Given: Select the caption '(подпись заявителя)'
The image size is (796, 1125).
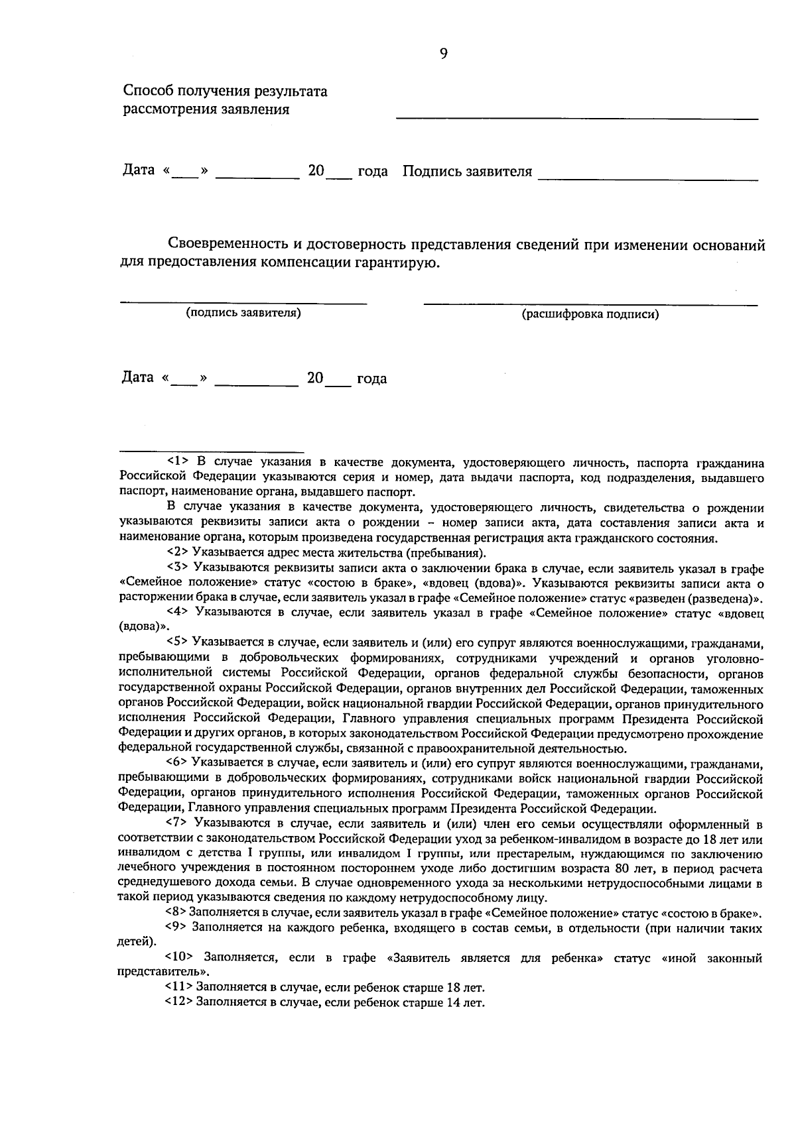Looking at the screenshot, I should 243,313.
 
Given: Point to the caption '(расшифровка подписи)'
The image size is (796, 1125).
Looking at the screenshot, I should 590,315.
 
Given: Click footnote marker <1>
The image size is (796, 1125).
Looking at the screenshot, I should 177,463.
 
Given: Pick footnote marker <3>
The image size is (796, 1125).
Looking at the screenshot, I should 177,569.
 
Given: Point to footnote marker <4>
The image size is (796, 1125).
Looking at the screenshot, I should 177,613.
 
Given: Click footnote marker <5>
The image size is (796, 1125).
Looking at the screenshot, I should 177,642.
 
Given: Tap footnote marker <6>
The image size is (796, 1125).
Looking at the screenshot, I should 177,764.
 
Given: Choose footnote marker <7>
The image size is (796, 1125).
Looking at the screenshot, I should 177,824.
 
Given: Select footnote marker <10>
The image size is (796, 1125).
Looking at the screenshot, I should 179,958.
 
